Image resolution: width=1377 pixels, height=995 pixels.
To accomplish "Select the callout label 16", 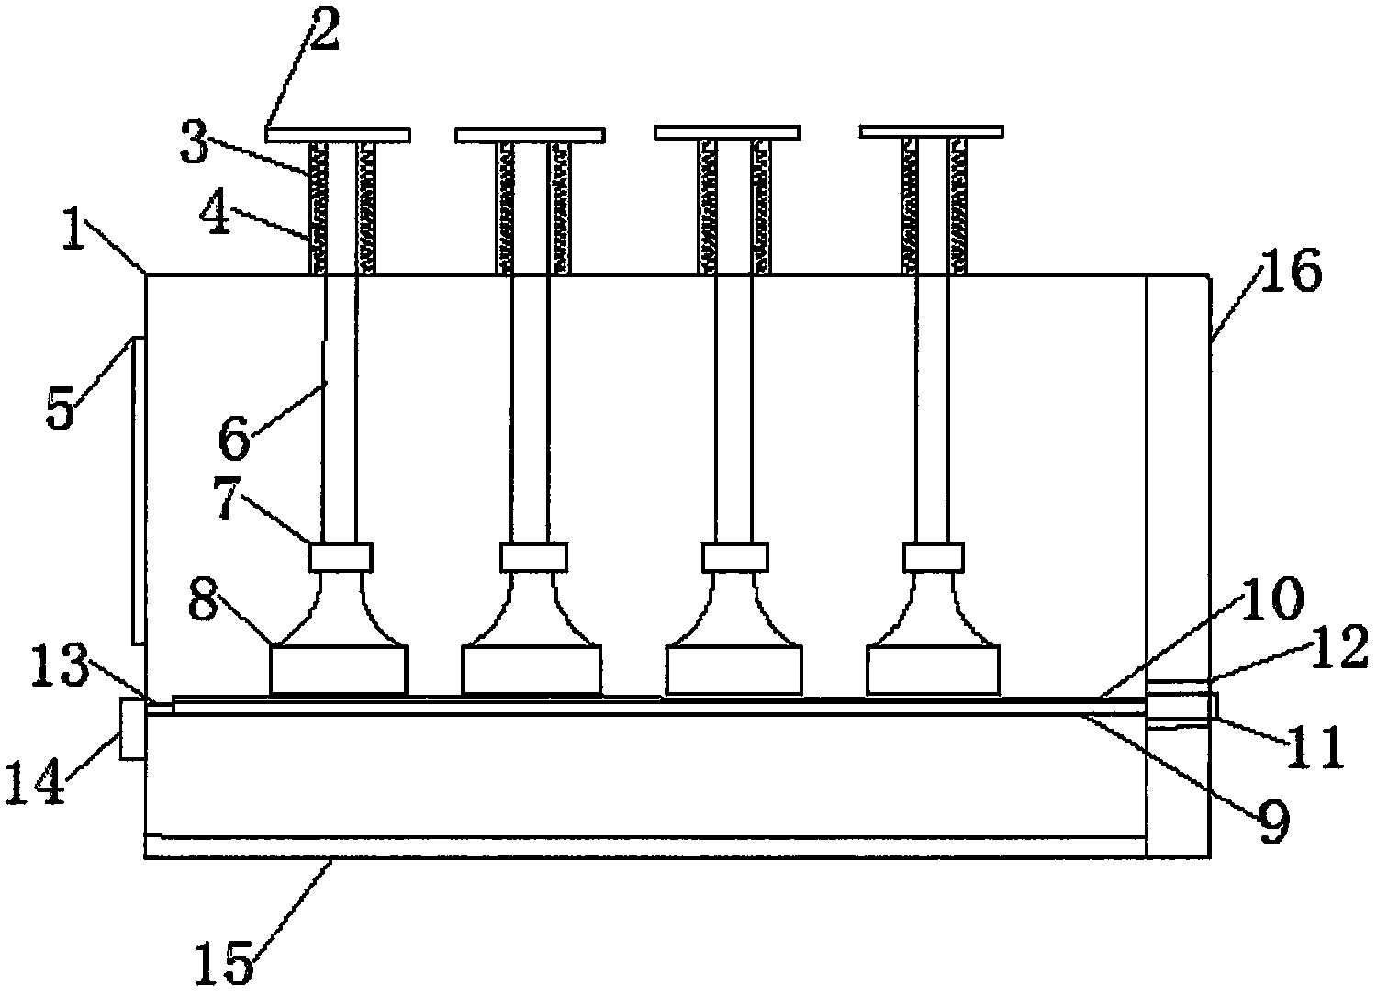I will [1293, 274].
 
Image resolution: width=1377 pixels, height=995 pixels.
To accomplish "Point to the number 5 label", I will [60, 410].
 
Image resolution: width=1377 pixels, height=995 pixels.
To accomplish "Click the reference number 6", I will [233, 440].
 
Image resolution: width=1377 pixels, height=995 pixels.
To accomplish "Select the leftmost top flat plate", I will [338, 135].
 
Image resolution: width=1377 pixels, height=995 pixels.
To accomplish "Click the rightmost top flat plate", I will [931, 132].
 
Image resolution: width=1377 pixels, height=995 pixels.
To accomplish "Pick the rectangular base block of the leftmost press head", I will [338, 669].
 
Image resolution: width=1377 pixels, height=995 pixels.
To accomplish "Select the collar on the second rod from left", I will [533, 556].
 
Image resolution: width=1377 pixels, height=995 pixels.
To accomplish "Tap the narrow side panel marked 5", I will [139, 489].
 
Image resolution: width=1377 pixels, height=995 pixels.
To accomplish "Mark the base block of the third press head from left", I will [734, 669].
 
